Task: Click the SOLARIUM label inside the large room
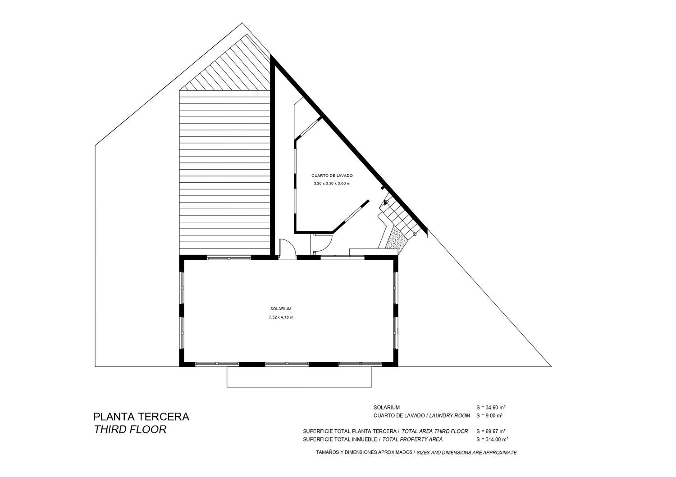click(281, 309)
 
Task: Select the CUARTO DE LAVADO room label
click(332, 175)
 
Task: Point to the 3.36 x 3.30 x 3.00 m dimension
click(332, 183)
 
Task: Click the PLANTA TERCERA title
click(141, 416)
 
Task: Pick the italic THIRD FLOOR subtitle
click(130, 429)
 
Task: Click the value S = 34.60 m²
click(491, 407)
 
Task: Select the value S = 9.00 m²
click(489, 415)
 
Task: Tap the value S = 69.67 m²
click(491, 431)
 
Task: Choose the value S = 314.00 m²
click(492, 439)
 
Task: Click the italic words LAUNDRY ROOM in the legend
click(450, 415)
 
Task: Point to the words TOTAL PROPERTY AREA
click(412, 439)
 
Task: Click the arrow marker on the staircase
click(386, 202)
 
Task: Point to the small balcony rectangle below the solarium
click(299, 377)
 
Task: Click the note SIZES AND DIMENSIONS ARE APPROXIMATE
click(466, 452)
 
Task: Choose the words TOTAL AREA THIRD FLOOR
click(435, 431)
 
